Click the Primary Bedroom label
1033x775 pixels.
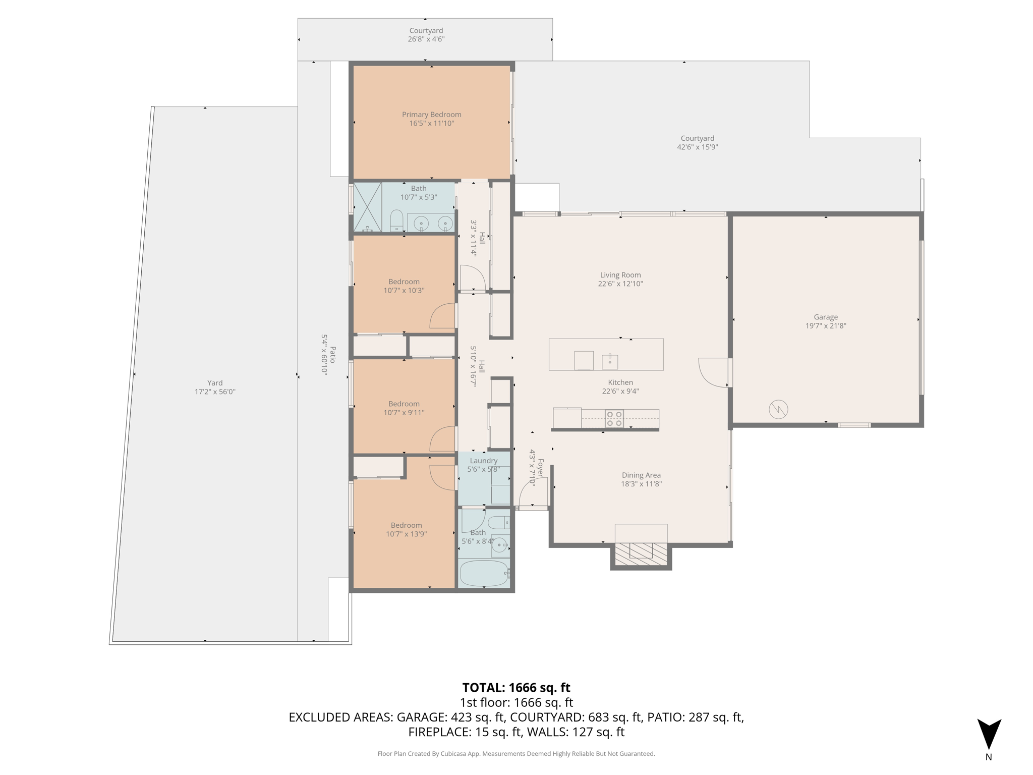pos(431,115)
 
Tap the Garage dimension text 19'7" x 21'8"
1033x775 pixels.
pos(825,326)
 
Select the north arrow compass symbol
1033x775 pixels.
pos(989,735)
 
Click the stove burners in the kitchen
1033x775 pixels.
pos(614,419)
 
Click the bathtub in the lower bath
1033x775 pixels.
pos(484,574)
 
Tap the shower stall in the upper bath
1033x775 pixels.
pos(367,207)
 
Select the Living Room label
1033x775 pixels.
pos(620,275)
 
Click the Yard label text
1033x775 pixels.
pos(215,383)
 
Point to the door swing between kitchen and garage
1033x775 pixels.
pos(713,372)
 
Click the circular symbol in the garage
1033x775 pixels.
pos(778,409)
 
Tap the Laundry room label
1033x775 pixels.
pos(483,461)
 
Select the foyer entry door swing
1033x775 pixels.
pos(534,492)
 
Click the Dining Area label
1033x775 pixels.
pos(641,475)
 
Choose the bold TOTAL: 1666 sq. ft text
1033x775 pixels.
pos(516,688)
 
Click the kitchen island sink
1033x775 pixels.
pos(610,361)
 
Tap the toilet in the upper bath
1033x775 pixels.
pos(396,221)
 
